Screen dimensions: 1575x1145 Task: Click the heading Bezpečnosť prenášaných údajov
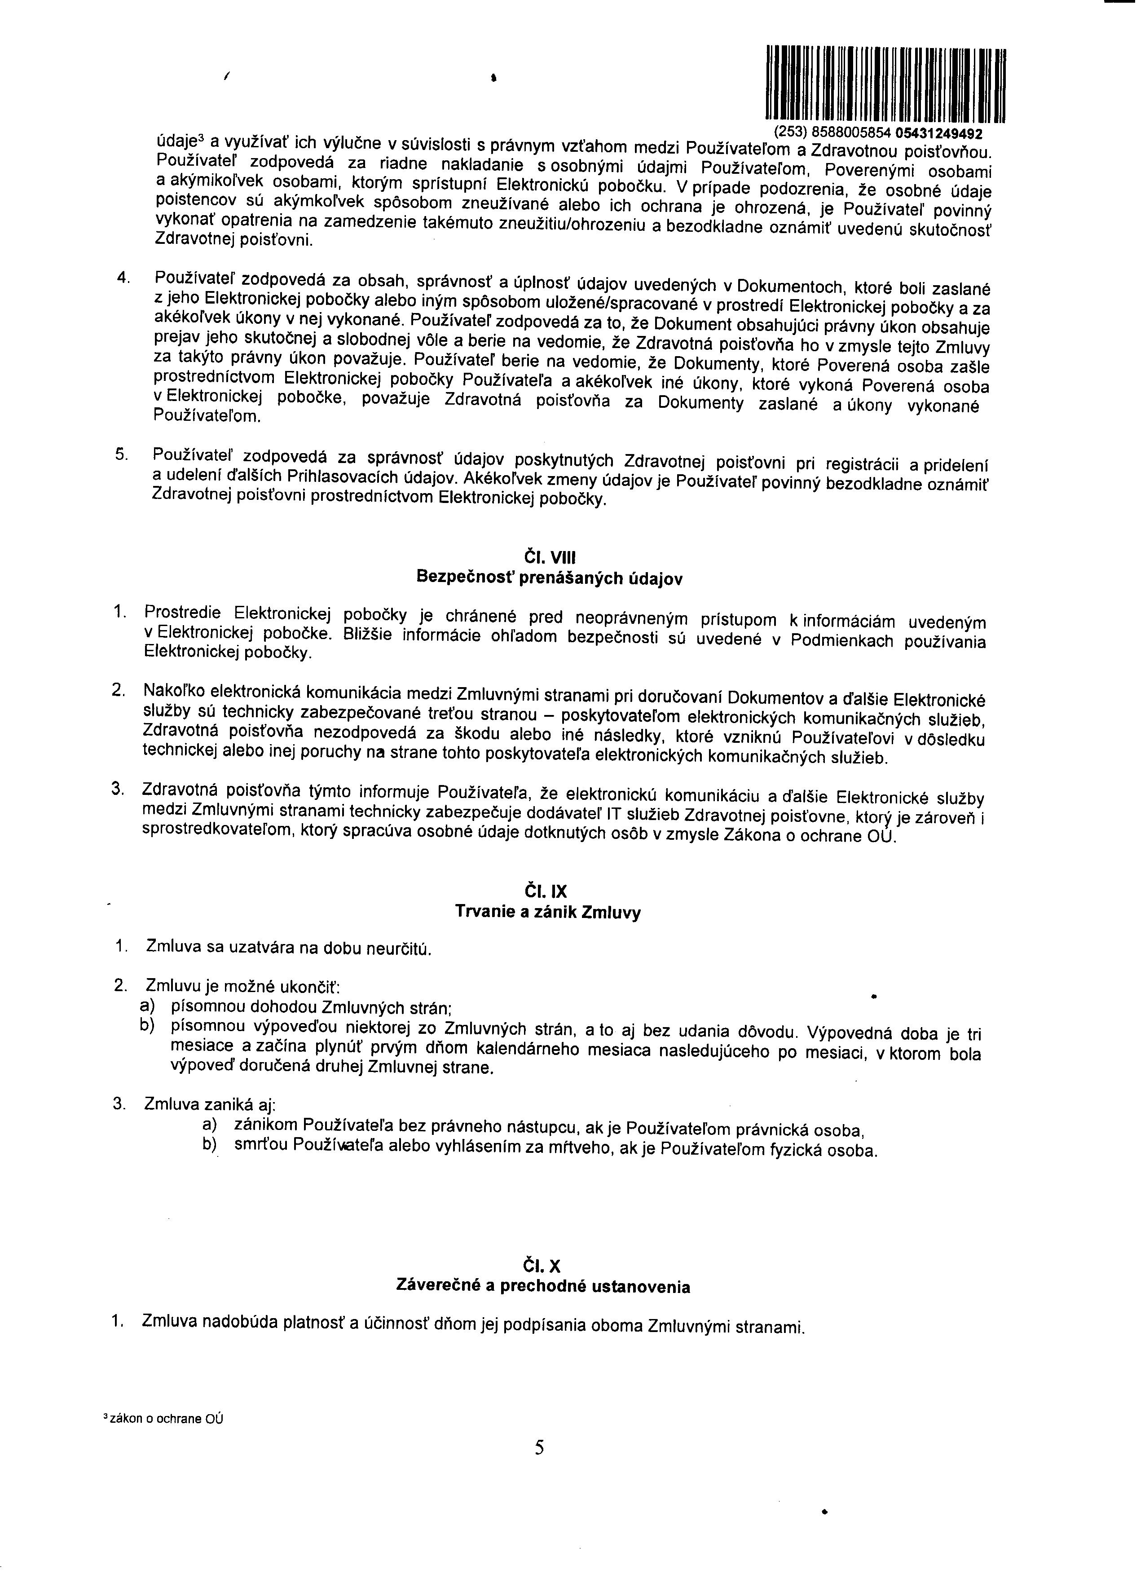point(549,578)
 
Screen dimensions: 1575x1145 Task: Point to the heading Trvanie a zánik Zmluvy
point(548,912)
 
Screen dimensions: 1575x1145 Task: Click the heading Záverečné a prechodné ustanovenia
point(543,1286)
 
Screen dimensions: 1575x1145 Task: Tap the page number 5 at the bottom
point(540,1447)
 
